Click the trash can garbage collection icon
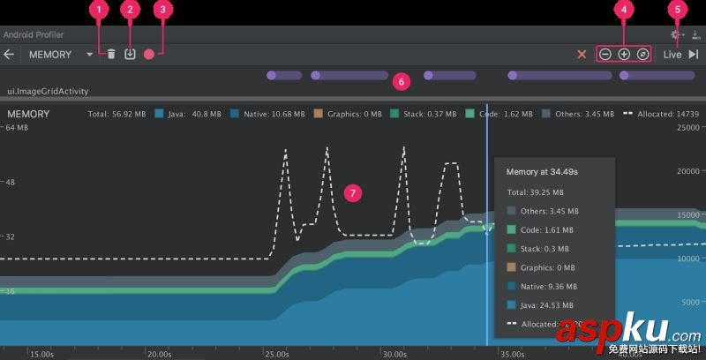(111, 54)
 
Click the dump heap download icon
(130, 54)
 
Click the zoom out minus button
(605, 54)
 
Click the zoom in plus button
(624, 54)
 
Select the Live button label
(672, 54)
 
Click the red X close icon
(582, 54)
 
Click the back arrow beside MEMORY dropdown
(10, 54)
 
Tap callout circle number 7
(353, 191)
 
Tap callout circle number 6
(401, 81)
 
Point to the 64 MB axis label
(17, 128)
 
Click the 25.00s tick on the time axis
(276, 354)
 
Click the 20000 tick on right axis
(687, 171)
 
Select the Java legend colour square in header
(159, 114)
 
